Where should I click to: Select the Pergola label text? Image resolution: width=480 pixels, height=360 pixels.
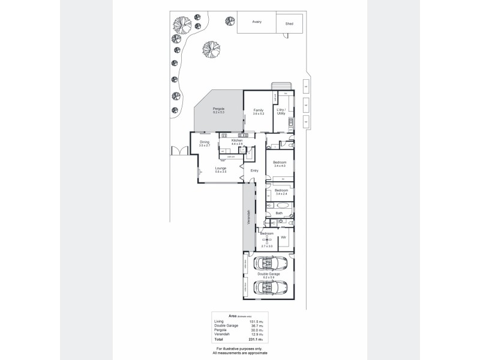click(x=218, y=109)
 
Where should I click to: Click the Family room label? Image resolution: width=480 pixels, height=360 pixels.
click(x=259, y=110)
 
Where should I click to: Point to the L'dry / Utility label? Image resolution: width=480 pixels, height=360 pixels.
click(x=280, y=112)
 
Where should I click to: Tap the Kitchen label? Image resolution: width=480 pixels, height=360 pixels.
click(x=237, y=140)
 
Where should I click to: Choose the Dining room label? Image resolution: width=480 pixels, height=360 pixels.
click(x=205, y=142)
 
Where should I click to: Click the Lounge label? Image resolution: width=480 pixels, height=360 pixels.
click(x=221, y=169)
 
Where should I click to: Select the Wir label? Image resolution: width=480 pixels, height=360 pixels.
click(x=283, y=238)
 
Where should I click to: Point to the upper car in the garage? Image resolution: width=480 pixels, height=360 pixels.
click(x=269, y=263)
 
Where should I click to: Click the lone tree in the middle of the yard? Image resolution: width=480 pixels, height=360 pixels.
click(x=211, y=47)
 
